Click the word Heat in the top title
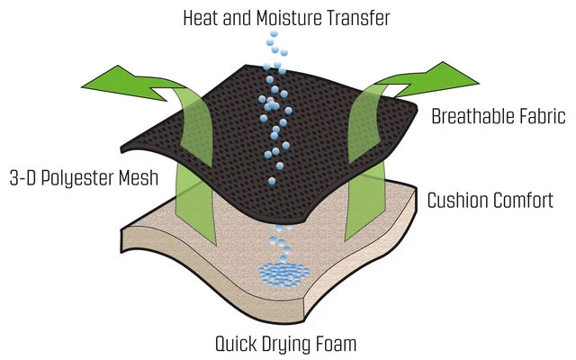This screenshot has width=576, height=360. [202, 17]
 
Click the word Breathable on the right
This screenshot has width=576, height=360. [472, 116]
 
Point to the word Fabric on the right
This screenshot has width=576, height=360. [540, 116]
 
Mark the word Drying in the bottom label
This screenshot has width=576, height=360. [291, 343]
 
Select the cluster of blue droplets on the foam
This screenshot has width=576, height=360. [283, 272]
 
